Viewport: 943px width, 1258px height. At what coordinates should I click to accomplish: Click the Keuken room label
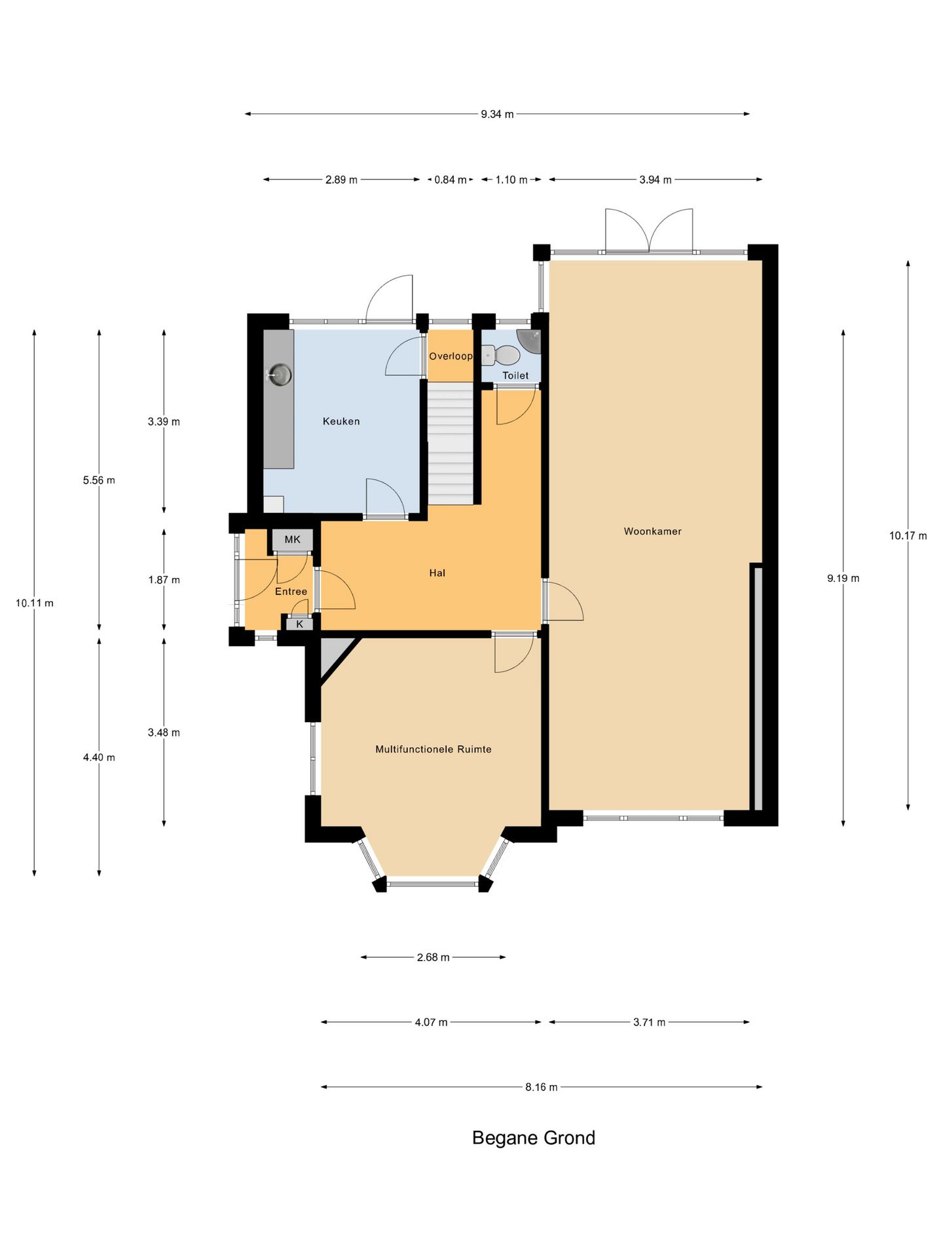tap(341, 421)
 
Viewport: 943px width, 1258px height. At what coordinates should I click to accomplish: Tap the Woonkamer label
tap(652, 531)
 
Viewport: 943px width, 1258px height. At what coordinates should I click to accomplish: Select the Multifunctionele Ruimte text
tap(433, 749)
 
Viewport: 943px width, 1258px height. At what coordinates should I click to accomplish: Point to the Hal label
tap(437, 573)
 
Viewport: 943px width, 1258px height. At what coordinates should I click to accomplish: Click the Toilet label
tap(515, 375)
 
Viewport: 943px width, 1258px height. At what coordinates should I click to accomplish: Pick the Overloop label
tap(451, 356)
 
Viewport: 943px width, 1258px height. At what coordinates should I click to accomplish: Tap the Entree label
tap(291, 592)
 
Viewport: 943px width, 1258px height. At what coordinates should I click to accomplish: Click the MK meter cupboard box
tap(292, 540)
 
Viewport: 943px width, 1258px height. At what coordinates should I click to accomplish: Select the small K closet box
tap(299, 624)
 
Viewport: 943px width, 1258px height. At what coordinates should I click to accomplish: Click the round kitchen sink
tap(280, 375)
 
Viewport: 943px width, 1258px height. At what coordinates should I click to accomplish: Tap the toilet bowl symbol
tap(501, 355)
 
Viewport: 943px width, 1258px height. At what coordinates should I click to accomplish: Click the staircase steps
tap(451, 444)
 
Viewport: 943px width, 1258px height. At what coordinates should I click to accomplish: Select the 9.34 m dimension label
tap(497, 114)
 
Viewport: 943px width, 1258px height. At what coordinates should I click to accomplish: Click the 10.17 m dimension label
tap(908, 536)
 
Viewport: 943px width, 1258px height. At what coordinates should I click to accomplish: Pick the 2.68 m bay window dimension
tap(433, 957)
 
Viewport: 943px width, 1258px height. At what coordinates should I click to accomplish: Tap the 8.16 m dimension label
tap(541, 1087)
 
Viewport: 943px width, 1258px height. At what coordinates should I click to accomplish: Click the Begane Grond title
tap(534, 1138)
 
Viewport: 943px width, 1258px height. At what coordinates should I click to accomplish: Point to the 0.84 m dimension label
tap(451, 180)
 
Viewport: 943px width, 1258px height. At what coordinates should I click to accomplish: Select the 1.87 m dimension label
tap(164, 580)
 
